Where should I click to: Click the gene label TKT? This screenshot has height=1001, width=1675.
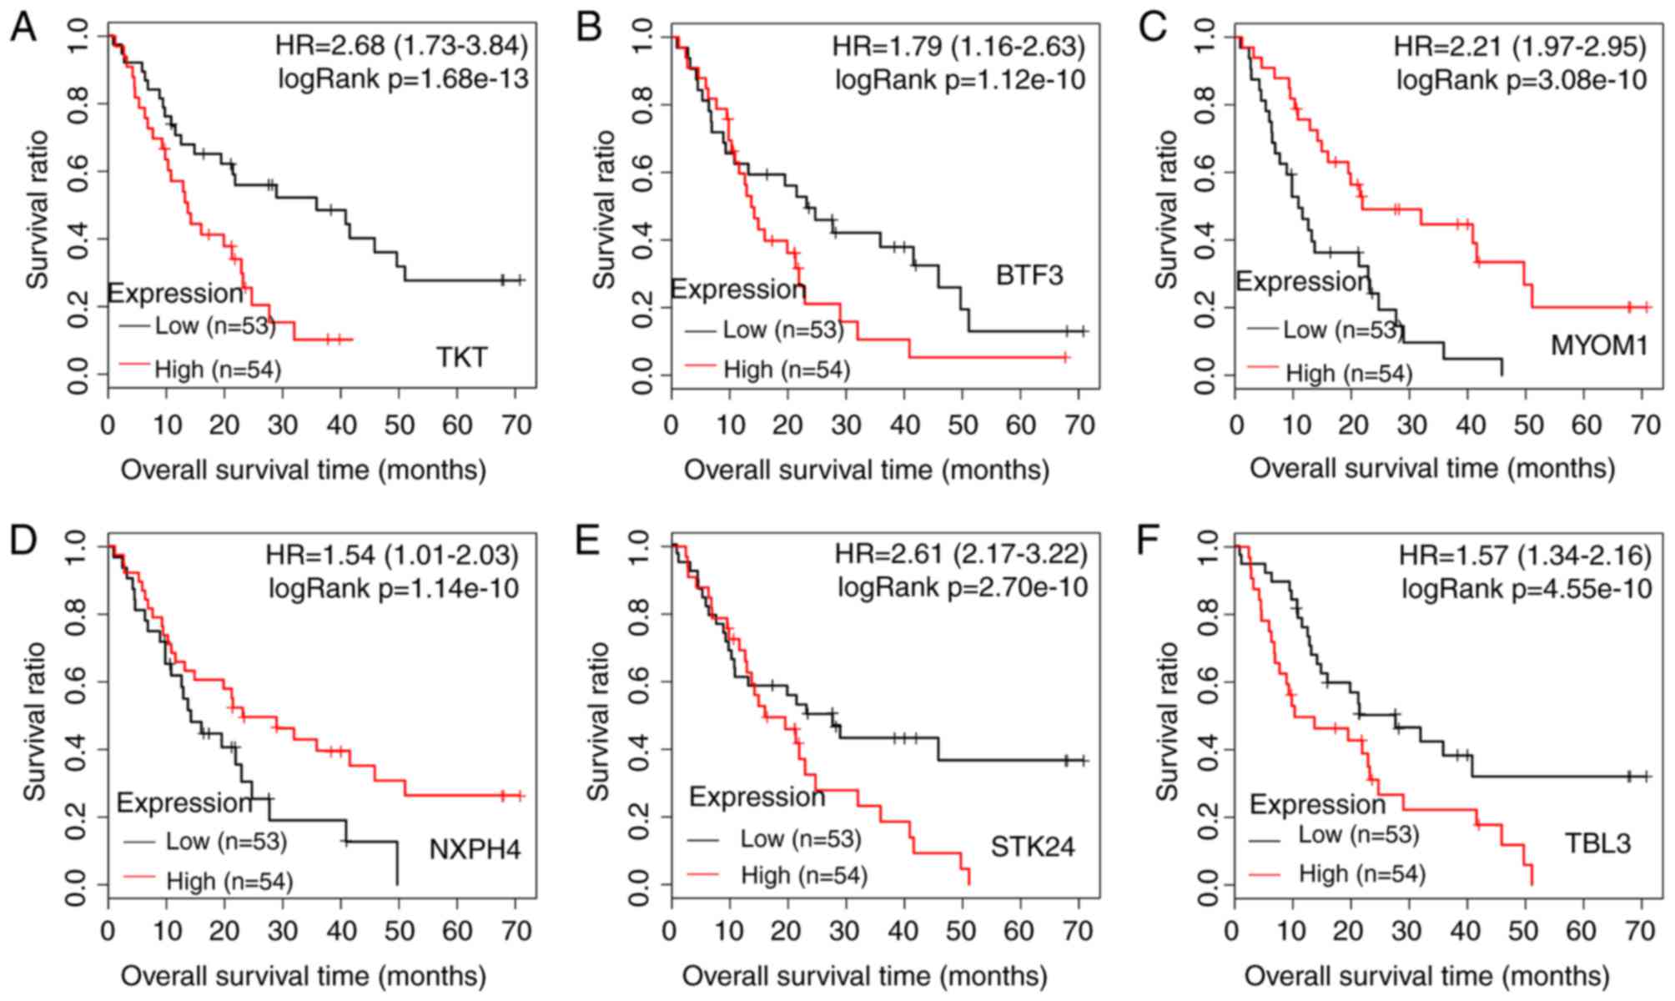point(461,358)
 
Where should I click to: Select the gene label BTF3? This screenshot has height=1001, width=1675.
point(1029,275)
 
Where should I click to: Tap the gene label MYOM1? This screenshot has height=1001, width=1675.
point(1599,345)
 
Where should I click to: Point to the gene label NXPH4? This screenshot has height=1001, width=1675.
point(475,849)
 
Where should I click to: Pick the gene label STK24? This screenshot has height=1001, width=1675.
point(1033,848)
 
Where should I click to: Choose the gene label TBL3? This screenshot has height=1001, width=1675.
point(1597,843)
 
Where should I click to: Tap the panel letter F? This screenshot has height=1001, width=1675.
point(1149,540)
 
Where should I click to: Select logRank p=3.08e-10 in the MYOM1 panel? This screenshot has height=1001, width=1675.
point(1522,80)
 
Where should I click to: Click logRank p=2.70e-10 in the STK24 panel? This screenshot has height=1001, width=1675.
point(963,588)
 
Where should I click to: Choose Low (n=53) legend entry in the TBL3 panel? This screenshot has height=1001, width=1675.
point(1358,834)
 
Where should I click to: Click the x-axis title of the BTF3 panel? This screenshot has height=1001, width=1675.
point(866,470)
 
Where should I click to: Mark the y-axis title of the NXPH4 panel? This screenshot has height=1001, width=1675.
point(35,722)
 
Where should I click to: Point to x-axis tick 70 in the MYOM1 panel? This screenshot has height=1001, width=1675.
point(1645,425)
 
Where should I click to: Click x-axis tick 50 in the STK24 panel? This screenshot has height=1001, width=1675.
point(960,931)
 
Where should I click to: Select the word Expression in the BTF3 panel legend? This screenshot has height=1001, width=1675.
point(738,289)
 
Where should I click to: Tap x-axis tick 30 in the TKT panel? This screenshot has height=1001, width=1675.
point(283,425)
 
